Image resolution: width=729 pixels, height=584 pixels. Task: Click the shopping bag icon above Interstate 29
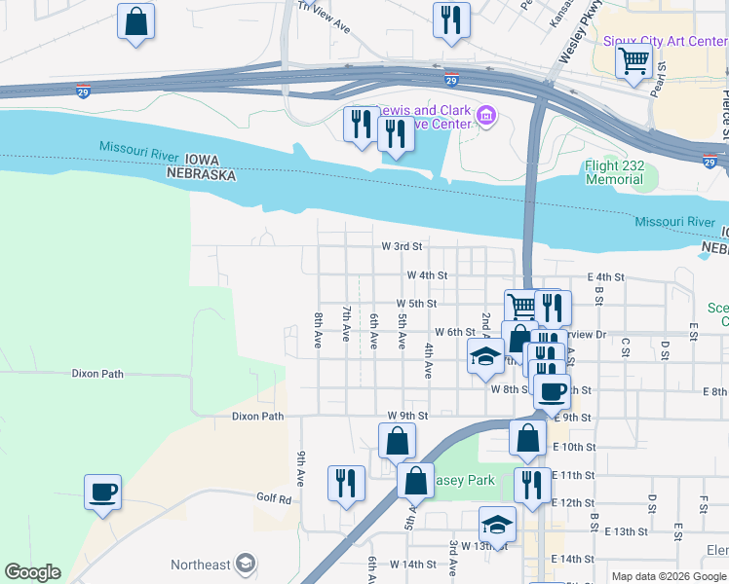pyautogui.click(x=136, y=21)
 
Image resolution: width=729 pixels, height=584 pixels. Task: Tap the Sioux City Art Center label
pyautogui.click(x=665, y=41)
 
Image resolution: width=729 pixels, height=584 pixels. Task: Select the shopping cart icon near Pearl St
pyautogui.click(x=634, y=61)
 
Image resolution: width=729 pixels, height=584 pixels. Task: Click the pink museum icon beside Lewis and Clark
pyautogui.click(x=486, y=118)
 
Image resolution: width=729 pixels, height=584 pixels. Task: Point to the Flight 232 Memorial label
pyautogui.click(x=614, y=173)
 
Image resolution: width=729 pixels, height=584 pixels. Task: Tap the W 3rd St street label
pyautogui.click(x=401, y=247)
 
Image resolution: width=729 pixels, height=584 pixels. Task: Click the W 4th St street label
pyautogui.click(x=427, y=275)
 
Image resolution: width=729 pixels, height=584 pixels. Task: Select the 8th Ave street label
pyautogui.click(x=319, y=331)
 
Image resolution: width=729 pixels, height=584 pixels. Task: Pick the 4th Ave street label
pyautogui.click(x=428, y=360)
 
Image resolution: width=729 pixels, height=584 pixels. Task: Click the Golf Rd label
pyautogui.click(x=274, y=499)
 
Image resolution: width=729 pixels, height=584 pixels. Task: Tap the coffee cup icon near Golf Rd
pyautogui.click(x=102, y=492)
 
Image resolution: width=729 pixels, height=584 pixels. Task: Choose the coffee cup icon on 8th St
pyautogui.click(x=552, y=391)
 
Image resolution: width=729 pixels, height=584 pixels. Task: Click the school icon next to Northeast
pyautogui.click(x=247, y=564)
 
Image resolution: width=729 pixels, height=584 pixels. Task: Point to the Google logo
pyautogui.click(x=32, y=572)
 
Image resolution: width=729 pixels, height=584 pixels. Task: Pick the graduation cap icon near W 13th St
pyautogui.click(x=497, y=525)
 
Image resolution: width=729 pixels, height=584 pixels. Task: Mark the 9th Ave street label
pyautogui.click(x=302, y=469)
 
